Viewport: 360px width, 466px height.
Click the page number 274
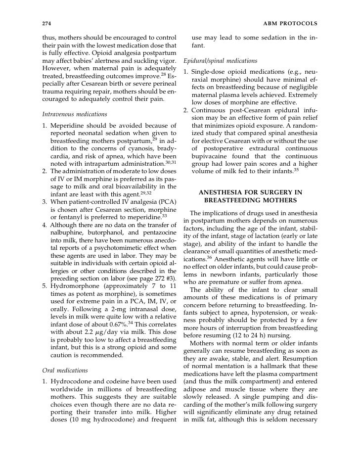pyautogui.click(x=47, y=23)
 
